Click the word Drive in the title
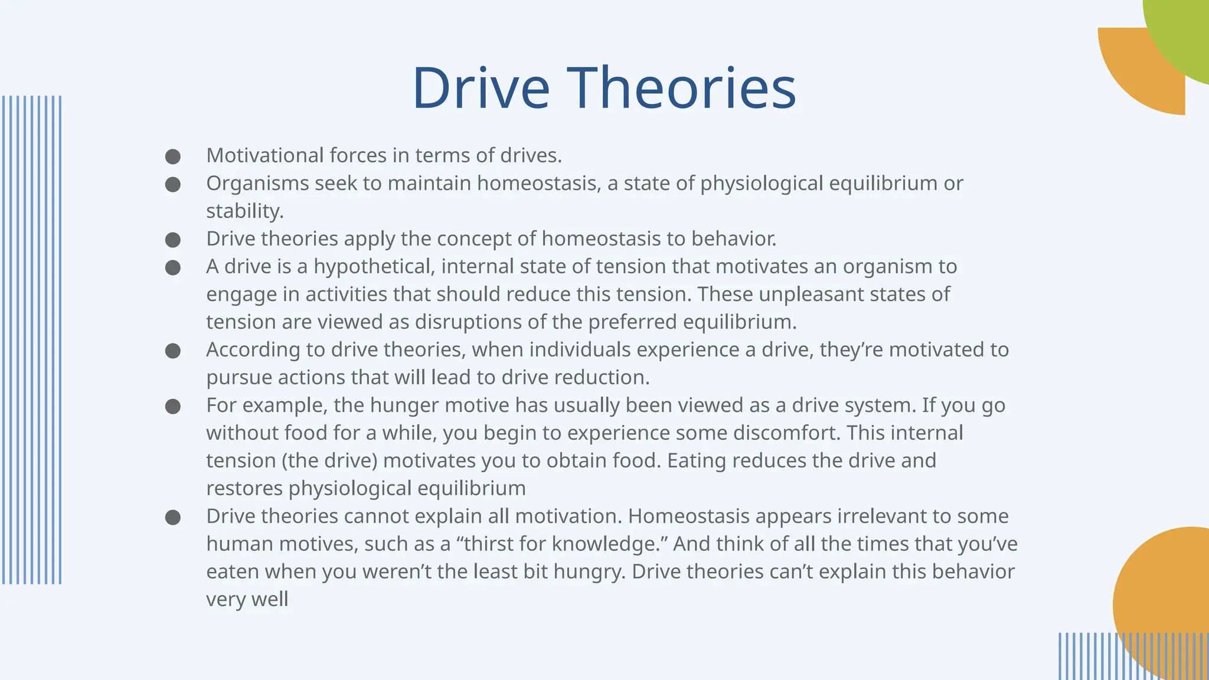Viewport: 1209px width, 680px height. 481,89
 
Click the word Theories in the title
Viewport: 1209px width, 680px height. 681,89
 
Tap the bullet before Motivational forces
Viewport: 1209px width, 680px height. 172,156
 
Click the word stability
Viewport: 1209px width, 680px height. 244,211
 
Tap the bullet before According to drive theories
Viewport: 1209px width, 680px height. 172,351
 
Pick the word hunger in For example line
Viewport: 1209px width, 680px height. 403,405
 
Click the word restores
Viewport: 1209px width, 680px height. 244,488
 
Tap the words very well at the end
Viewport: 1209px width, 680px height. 247,599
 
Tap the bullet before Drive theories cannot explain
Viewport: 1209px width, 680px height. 172,517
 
